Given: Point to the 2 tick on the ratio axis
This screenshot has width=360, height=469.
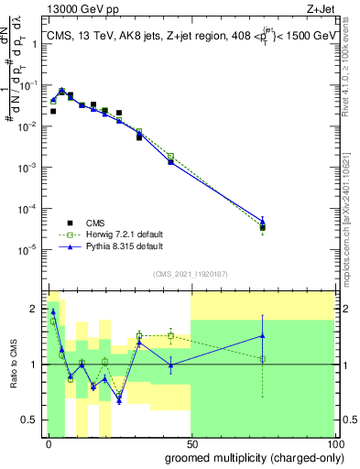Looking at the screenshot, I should coord(38,308).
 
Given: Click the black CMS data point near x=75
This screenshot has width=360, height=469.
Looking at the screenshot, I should coord(262,227).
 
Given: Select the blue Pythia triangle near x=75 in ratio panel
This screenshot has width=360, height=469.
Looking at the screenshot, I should coord(262,335).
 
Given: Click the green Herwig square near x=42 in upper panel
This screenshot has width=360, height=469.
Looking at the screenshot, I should coord(170,156).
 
